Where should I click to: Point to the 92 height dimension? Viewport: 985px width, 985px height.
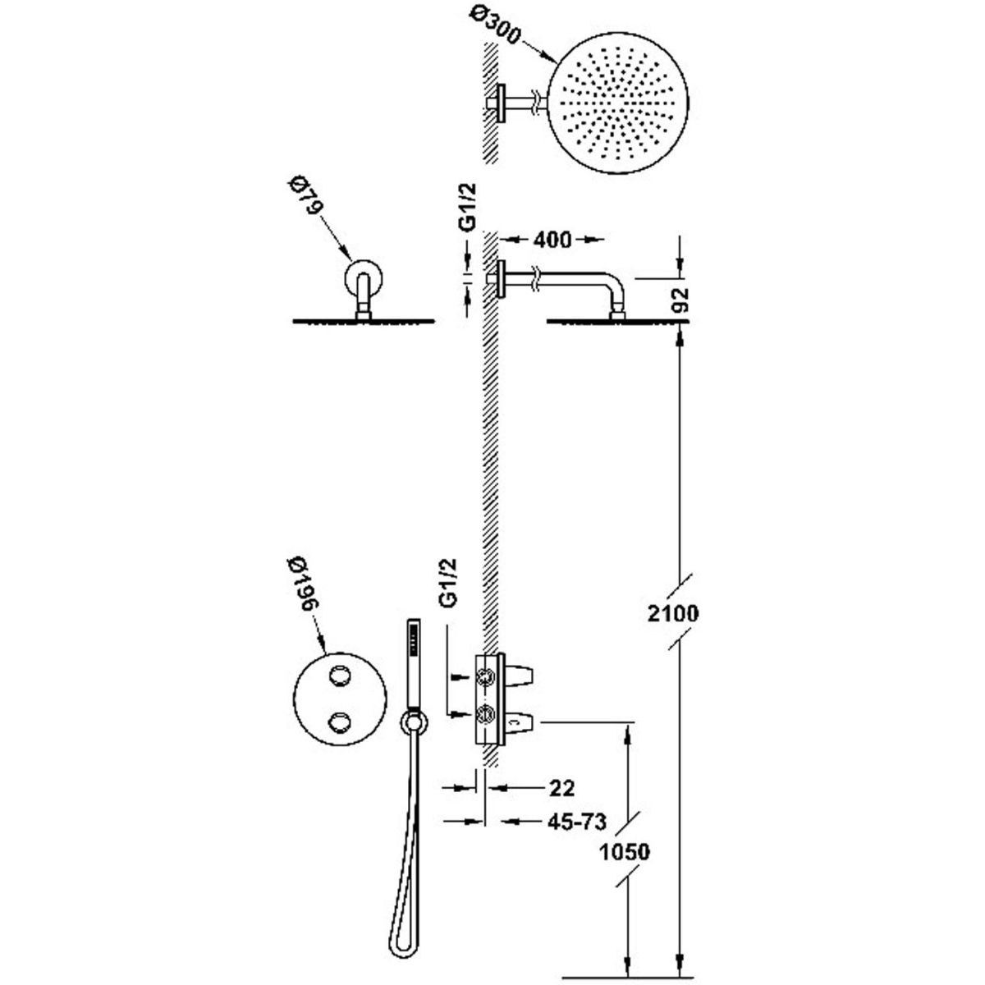(x=683, y=300)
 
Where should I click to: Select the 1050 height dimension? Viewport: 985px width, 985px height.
(x=625, y=852)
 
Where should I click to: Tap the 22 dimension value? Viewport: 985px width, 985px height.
(x=561, y=788)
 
